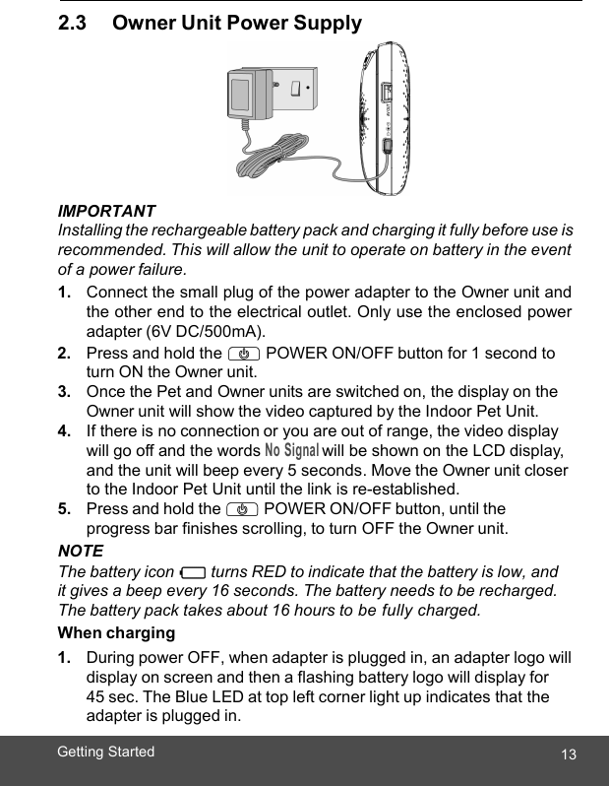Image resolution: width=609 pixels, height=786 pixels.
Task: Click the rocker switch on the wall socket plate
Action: click(294, 91)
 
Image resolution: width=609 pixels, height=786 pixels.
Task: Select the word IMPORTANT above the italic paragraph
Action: click(106, 212)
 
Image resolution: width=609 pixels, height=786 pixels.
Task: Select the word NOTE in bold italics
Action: click(81, 551)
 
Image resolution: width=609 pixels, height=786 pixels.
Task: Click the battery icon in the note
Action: click(193, 572)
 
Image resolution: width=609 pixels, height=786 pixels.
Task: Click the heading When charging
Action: click(116, 632)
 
